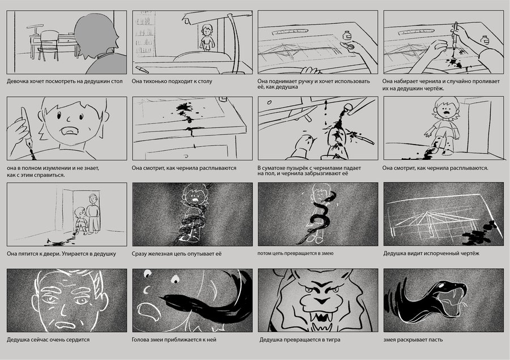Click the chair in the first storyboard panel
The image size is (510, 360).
49,45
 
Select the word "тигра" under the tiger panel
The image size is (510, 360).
331,340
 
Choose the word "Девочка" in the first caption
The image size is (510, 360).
17,82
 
